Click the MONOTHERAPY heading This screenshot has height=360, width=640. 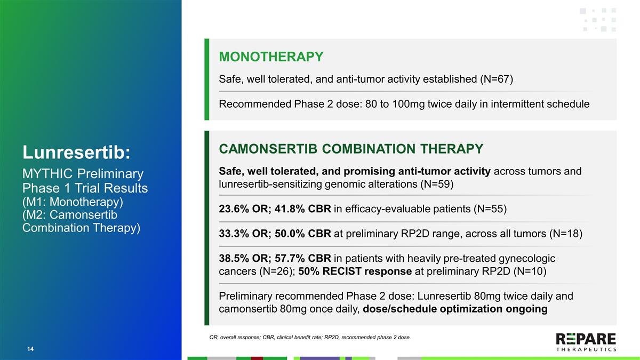[x=271, y=57]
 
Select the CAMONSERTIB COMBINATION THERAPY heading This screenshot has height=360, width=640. [x=351, y=149]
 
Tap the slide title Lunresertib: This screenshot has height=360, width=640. [x=76, y=153]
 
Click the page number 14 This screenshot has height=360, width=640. [x=30, y=349]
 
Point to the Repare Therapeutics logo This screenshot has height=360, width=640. [x=586, y=342]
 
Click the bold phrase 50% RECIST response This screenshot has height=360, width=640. [x=355, y=271]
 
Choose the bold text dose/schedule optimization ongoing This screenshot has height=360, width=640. [x=455, y=309]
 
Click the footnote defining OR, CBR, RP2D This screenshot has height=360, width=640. [x=310, y=337]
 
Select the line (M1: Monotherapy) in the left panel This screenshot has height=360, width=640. [x=73, y=203]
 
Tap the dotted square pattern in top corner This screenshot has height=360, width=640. [x=598, y=20]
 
